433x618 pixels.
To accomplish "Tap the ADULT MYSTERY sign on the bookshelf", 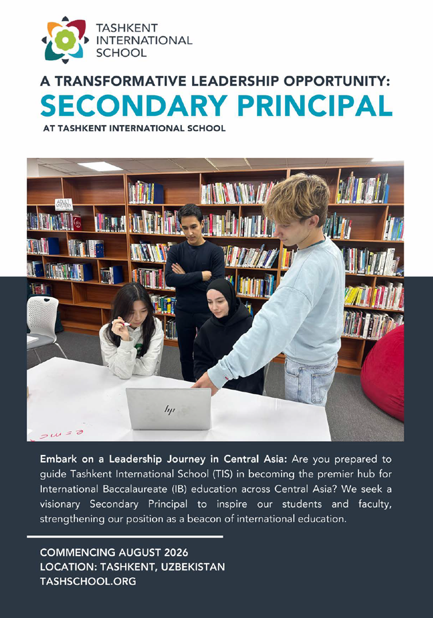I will pos(64,205).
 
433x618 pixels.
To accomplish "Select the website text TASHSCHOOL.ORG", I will pos(88,582).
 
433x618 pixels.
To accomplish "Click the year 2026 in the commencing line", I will pos(170,553).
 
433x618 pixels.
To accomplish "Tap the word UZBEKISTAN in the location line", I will pos(190,568).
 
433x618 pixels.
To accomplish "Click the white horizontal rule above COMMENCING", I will pos(124,537).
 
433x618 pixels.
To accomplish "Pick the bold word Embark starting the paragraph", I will pos(59,460).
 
